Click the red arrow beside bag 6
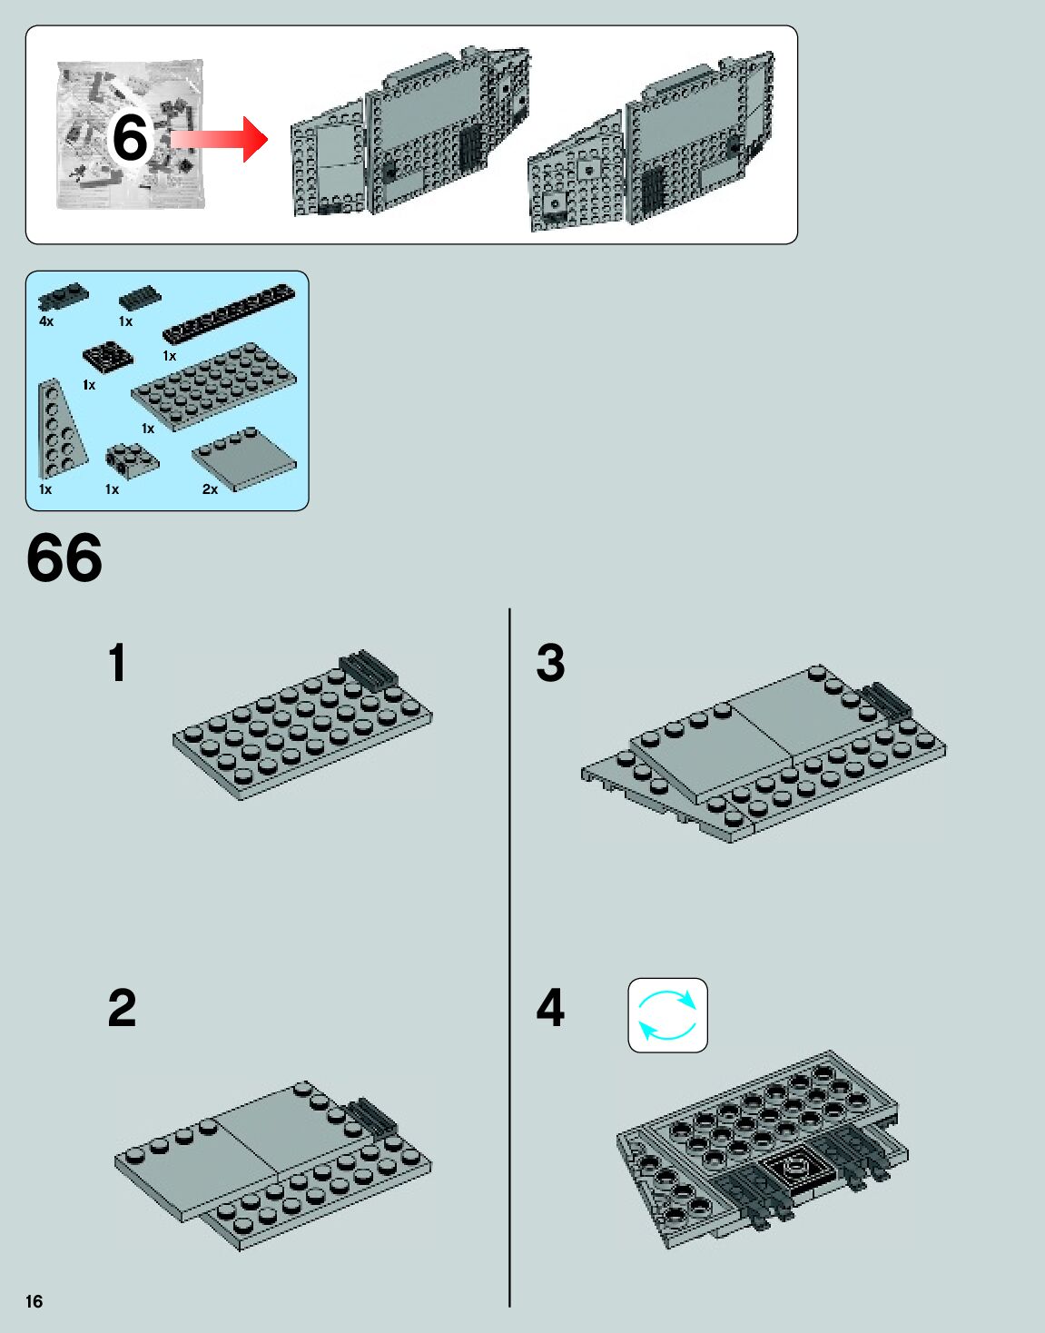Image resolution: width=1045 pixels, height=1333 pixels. (218, 139)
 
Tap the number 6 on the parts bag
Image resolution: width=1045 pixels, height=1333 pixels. (130, 138)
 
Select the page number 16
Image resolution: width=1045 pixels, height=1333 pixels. (34, 1301)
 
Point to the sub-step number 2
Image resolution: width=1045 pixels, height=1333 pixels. (122, 1008)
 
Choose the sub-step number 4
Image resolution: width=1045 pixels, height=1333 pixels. (550, 1008)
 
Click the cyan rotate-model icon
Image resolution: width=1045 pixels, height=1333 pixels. (667, 1015)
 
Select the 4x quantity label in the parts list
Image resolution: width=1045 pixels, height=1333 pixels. (46, 321)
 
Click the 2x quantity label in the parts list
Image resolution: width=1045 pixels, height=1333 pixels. (210, 489)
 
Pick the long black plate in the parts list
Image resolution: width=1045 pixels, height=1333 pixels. (229, 312)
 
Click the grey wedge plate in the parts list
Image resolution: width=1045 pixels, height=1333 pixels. (59, 430)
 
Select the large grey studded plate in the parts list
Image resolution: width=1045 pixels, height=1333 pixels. (213, 385)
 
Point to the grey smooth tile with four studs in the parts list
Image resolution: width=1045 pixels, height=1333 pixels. (244, 458)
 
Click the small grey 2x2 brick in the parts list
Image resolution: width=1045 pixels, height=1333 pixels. (131, 459)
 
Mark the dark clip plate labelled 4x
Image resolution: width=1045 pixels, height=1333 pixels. (63, 295)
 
